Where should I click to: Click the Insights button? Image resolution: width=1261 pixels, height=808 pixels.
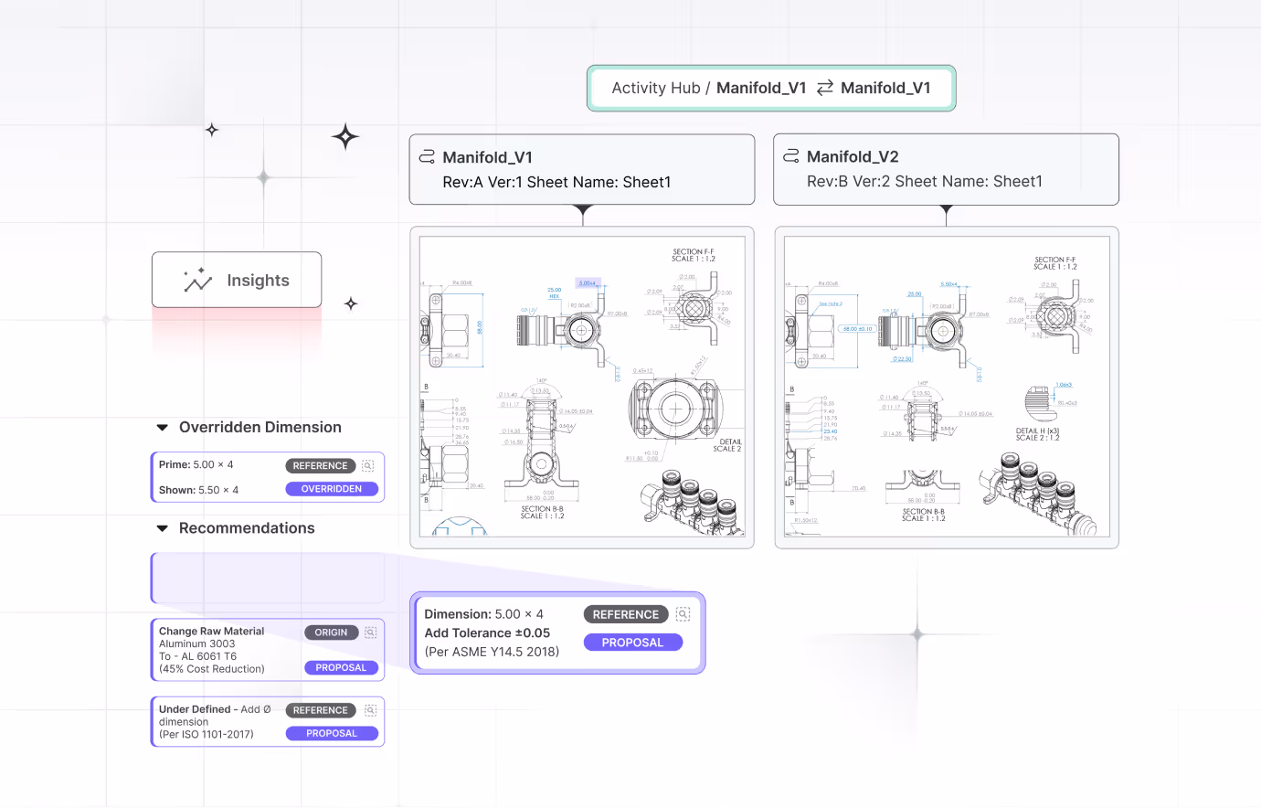[x=237, y=281]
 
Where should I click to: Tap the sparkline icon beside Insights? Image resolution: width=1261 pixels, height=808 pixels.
[x=197, y=281]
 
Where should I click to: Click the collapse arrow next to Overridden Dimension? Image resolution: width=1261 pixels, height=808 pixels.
[x=163, y=428]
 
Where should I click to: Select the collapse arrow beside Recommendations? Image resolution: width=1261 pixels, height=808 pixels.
[x=163, y=528]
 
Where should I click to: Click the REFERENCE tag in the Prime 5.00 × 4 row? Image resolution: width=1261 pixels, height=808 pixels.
[x=320, y=466]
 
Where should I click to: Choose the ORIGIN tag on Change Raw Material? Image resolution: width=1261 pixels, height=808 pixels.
[x=331, y=633]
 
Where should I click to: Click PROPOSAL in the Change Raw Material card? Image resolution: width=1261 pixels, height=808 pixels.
[x=341, y=668]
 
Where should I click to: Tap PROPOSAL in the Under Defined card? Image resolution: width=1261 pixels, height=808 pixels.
[x=332, y=734]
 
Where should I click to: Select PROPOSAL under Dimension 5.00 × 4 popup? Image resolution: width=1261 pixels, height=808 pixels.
[x=632, y=643]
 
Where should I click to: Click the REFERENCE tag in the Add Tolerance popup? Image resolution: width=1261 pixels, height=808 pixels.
[x=625, y=615]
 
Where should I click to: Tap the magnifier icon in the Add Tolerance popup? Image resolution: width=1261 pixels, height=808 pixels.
[x=683, y=615]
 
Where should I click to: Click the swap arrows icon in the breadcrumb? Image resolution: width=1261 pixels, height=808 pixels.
[x=824, y=88]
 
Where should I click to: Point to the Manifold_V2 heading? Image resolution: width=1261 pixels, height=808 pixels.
[x=853, y=157]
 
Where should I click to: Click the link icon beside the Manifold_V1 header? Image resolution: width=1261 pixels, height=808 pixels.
[x=427, y=157]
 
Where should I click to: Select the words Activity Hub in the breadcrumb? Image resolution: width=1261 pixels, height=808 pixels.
[x=655, y=89]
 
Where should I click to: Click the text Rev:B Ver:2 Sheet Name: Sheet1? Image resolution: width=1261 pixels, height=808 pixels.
[x=924, y=182]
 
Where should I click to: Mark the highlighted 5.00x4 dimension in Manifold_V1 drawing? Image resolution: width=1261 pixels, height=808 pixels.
[x=587, y=283]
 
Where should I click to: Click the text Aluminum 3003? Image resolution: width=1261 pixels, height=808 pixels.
[x=196, y=644]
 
